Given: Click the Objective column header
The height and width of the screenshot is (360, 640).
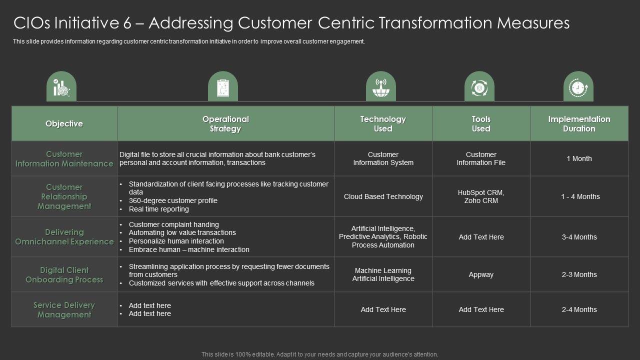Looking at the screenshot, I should click(x=64, y=123).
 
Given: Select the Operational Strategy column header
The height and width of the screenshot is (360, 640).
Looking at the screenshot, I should click(x=225, y=124).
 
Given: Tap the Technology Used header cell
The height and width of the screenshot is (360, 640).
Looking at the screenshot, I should click(x=383, y=124).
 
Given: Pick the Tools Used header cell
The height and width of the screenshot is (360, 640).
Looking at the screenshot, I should click(x=481, y=124).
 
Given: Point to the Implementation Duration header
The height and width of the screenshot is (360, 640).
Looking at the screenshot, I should click(x=579, y=124).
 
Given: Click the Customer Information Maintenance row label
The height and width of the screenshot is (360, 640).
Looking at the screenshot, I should click(x=64, y=158).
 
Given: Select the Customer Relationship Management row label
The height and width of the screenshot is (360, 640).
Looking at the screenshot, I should click(x=64, y=196).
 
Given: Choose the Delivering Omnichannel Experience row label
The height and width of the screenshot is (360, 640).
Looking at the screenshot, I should click(x=64, y=237).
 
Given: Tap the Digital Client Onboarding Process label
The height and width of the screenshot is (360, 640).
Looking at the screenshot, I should click(x=64, y=274).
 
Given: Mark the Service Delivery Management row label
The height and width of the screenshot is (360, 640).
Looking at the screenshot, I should click(x=64, y=309).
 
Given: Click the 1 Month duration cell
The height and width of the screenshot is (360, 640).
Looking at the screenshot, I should click(x=579, y=158).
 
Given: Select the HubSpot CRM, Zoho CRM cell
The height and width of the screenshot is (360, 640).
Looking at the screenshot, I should click(x=481, y=196).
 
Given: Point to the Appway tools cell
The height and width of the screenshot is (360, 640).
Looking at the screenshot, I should click(x=481, y=274).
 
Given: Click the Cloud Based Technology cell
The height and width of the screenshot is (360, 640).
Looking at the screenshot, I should click(x=383, y=196).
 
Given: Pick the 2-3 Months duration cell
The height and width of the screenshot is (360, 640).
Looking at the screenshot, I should click(x=579, y=274).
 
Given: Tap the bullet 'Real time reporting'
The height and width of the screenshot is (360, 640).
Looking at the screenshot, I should click(x=158, y=209).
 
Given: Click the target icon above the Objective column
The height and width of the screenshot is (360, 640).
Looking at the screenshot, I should click(x=61, y=88).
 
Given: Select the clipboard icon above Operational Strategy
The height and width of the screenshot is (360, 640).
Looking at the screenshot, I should click(x=222, y=88).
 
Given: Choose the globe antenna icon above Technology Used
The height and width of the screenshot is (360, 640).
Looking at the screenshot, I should click(x=380, y=88).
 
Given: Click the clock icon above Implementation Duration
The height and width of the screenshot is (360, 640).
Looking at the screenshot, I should click(x=578, y=88).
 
